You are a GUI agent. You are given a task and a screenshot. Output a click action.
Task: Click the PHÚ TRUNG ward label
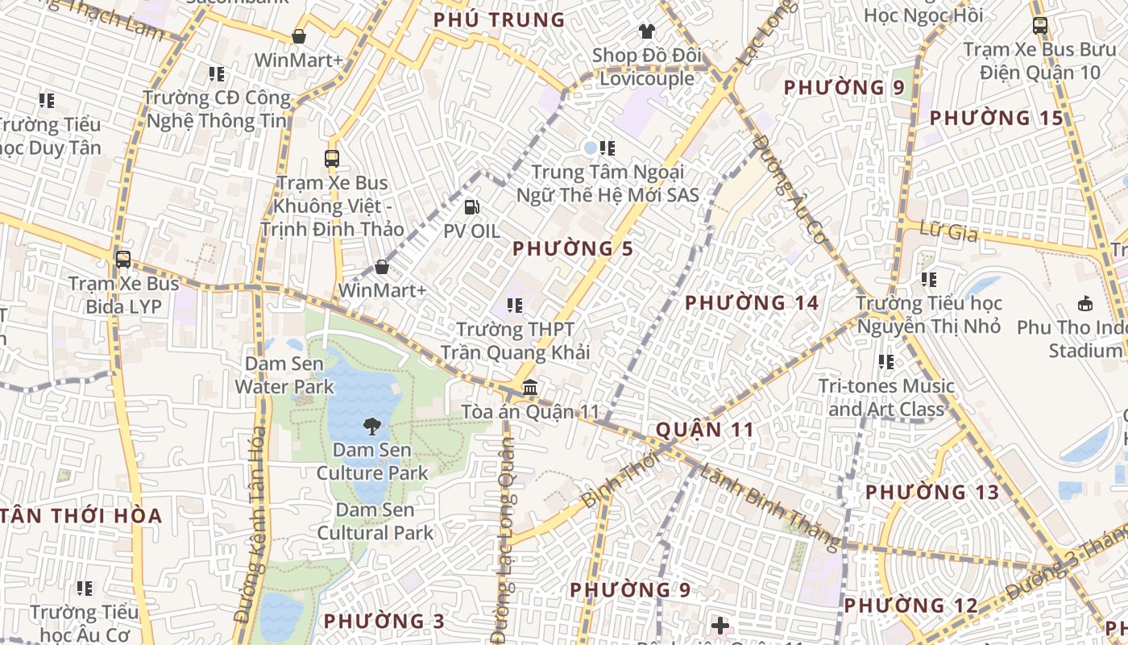(x=499, y=19)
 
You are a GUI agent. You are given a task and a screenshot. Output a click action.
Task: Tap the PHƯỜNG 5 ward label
(x=573, y=248)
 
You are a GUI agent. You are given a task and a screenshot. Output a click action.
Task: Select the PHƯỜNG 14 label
(x=752, y=303)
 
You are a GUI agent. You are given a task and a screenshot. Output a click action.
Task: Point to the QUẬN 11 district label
(x=705, y=429)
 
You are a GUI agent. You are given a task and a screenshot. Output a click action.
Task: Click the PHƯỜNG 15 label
(x=997, y=118)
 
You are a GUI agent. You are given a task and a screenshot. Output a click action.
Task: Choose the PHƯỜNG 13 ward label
(x=932, y=492)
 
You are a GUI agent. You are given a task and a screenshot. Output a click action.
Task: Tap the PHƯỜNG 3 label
(x=384, y=621)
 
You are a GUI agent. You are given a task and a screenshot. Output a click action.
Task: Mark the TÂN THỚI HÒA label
(x=81, y=516)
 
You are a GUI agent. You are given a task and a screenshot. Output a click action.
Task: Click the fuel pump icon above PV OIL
(x=472, y=207)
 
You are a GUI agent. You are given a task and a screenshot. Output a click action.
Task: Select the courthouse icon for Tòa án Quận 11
(x=530, y=388)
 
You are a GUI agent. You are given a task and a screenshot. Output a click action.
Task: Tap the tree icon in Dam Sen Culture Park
(x=372, y=427)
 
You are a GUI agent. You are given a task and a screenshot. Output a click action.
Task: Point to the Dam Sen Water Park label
(x=284, y=375)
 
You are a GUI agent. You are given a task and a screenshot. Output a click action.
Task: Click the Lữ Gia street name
(x=948, y=233)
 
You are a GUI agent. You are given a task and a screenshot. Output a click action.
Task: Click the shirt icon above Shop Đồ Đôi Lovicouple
(x=647, y=31)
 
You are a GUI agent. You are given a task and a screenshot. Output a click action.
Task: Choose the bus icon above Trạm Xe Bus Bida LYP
(x=123, y=260)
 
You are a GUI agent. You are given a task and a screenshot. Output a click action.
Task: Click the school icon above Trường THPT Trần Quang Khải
(x=515, y=306)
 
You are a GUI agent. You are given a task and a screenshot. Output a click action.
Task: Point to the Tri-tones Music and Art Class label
(x=886, y=397)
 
